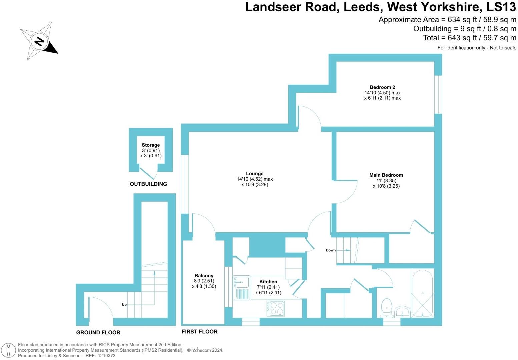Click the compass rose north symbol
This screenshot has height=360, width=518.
pos(40,42)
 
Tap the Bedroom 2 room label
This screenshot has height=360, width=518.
pos(382,87)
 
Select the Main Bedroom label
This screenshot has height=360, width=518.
pos(386,175)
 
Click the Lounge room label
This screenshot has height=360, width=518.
pos(255,174)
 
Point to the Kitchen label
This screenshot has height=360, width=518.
pos(268,282)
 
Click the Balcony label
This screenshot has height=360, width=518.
pos(204,276)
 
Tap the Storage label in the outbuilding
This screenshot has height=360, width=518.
pos(151,145)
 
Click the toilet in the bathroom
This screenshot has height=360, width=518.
pos(387,307)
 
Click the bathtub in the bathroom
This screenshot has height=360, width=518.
pos(422,293)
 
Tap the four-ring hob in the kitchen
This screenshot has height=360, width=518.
pos(276,308)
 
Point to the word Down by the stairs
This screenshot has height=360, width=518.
pos(331,250)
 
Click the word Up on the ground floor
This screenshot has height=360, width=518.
pos(124,305)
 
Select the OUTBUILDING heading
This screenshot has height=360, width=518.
pos(148,184)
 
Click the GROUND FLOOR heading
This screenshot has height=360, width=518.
pos(98,332)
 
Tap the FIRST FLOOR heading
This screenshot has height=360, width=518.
pos(199,332)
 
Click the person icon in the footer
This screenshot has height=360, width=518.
pos(9,350)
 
